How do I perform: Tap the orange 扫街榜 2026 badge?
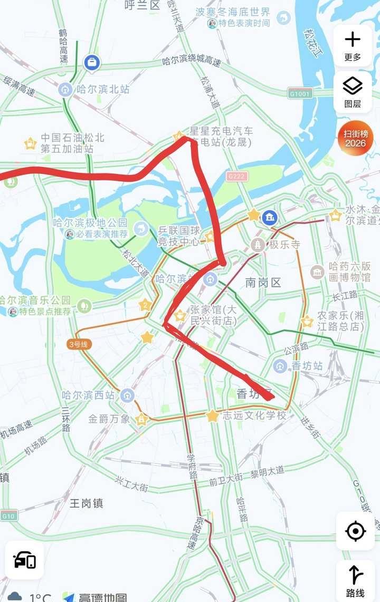(x=355, y=139)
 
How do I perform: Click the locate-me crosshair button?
(x=355, y=531)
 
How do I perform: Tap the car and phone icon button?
(x=25, y=560)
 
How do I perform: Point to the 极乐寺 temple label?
(x=284, y=245)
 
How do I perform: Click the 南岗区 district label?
(x=263, y=283)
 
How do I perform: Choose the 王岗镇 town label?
(x=87, y=503)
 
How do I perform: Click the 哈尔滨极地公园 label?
(x=90, y=224)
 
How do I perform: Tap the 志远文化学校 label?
(x=254, y=415)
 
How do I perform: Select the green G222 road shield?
(x=236, y=176)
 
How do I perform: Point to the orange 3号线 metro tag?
(x=80, y=344)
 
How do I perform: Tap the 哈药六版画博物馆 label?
(x=349, y=271)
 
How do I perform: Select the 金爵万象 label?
(x=109, y=419)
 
